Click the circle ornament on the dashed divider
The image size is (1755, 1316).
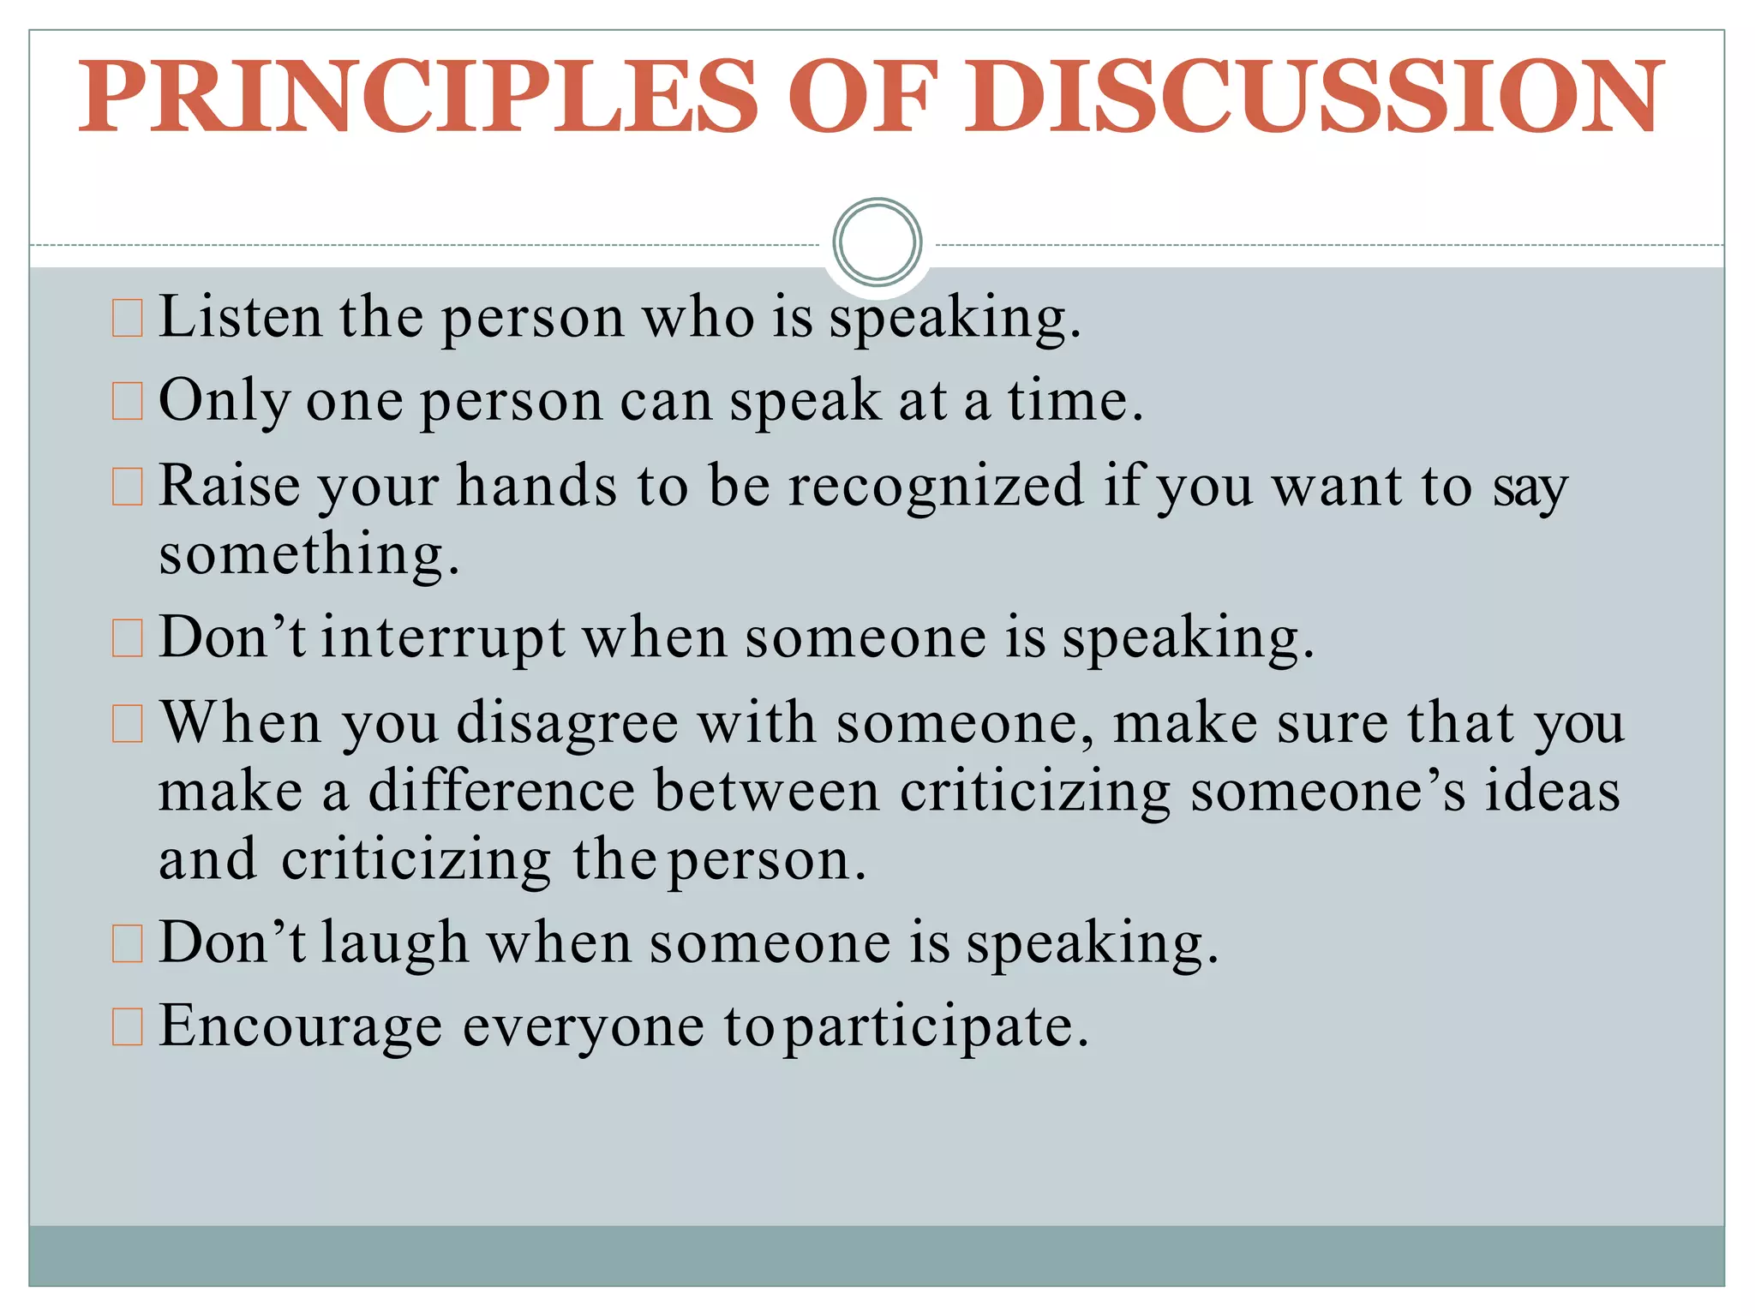coord(877,242)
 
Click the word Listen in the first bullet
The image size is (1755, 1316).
coord(241,317)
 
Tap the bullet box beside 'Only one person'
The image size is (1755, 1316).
coord(128,402)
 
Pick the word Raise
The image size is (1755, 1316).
coord(229,486)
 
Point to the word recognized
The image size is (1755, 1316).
coord(936,486)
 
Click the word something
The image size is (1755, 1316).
coord(308,554)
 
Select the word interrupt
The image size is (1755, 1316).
coord(443,638)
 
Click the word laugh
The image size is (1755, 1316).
coord(394,943)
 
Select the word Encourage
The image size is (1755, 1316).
coord(301,1026)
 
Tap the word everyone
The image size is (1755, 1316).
coord(584,1026)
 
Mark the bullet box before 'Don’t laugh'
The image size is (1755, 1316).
coord(128,944)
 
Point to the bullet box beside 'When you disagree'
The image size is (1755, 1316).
coord(128,724)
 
